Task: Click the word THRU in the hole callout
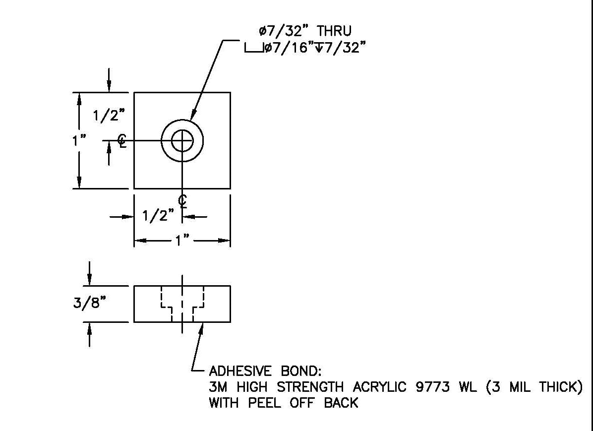[x=334, y=31]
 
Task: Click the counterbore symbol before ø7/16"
[x=254, y=48]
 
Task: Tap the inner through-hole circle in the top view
[x=182, y=140]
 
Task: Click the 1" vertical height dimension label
[x=79, y=141]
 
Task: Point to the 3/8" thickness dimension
[x=89, y=303]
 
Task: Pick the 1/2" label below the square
[x=159, y=216]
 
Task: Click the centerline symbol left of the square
[x=122, y=141]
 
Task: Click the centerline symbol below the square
[x=182, y=200]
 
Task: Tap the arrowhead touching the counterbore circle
[x=194, y=115]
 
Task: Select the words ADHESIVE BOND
[x=265, y=371]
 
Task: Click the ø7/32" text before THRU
[x=285, y=31]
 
